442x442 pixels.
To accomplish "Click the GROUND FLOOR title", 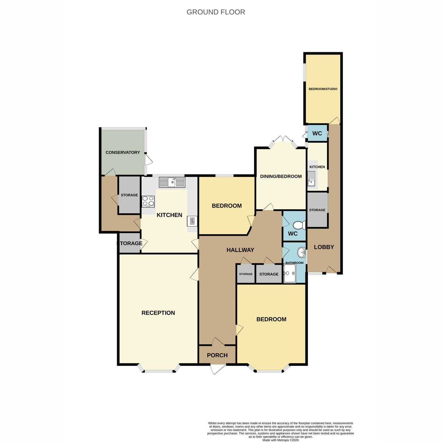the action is (x=215, y=12).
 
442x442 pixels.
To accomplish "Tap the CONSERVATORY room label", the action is (x=123, y=152).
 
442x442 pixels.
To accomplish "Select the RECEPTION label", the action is (x=158, y=313).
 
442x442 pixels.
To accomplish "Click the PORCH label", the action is (x=217, y=355).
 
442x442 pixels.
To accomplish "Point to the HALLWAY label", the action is (x=240, y=250).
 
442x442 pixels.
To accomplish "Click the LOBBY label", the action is (x=324, y=247).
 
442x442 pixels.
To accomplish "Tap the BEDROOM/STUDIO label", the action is (x=323, y=89).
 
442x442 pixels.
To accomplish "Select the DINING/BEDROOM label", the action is (x=281, y=176).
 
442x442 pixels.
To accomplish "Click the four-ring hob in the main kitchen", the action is (x=148, y=201).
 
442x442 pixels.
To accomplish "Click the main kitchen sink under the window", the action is (x=172, y=182).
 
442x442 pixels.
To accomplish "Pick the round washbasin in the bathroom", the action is (x=301, y=253).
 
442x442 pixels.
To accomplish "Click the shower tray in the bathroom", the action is (x=290, y=273).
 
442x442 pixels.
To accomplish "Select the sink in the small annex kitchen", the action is (x=312, y=179).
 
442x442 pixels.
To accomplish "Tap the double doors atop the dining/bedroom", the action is (x=283, y=142).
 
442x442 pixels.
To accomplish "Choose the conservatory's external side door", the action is (x=149, y=159).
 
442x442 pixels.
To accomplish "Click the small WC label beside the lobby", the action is (x=317, y=133).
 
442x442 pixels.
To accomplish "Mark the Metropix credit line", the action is (x=281, y=440).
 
